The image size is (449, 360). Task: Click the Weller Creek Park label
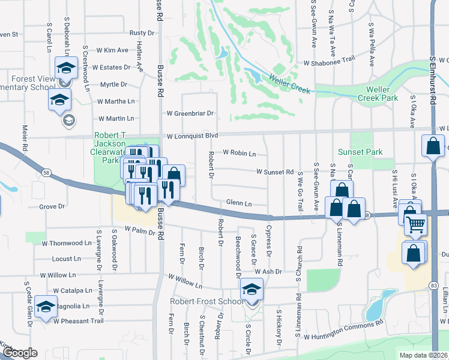378,93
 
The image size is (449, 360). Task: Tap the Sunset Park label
360,152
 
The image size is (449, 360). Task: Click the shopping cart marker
415,225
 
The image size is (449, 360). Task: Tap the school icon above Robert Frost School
252,290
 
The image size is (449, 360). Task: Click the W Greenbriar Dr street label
190,113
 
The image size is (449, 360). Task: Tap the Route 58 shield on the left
46,173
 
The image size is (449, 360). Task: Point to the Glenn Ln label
239,203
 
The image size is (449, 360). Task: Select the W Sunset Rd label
274,172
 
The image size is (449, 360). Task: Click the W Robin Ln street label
239,153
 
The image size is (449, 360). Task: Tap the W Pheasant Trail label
78,321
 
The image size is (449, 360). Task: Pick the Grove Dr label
52,206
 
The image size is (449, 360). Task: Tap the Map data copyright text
424,355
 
